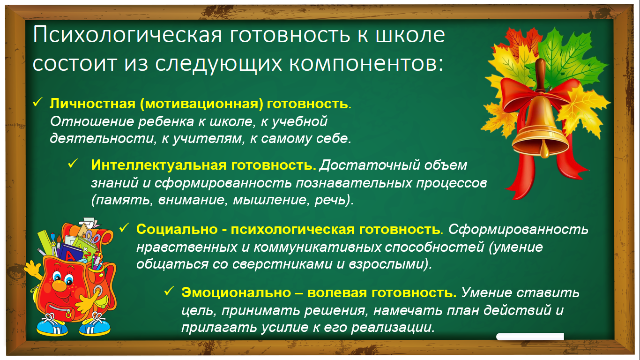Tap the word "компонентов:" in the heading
366,63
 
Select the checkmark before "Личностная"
37,102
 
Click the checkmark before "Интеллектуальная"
73,164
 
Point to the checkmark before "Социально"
124,228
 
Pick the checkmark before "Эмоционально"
169,291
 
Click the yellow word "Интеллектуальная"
159,165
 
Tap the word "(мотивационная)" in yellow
201,104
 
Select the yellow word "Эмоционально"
236,292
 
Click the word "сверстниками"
283,264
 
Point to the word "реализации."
393,327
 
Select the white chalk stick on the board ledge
530,337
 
